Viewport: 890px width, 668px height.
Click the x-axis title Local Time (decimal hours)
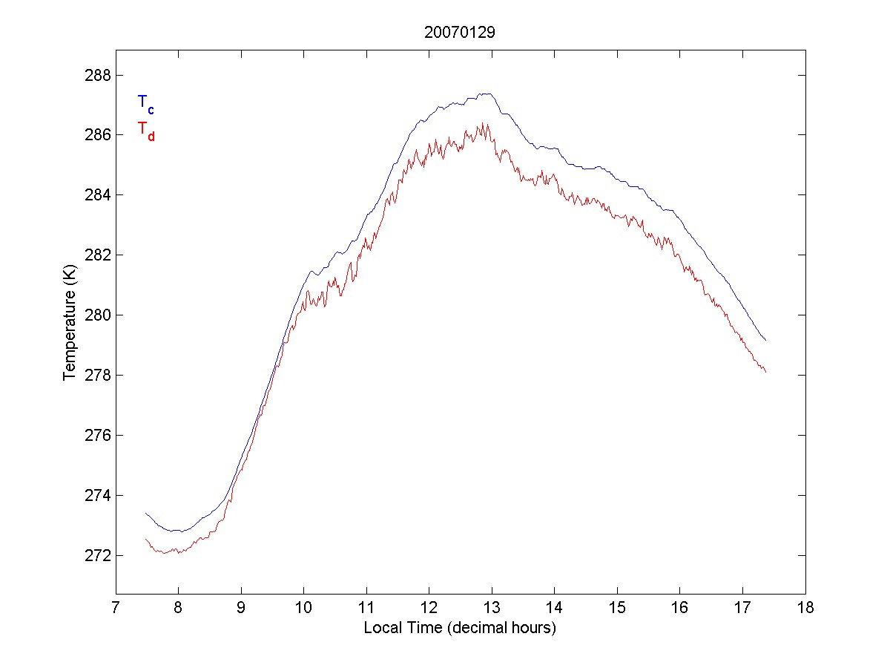(x=460, y=628)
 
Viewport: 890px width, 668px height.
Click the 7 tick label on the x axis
(x=116, y=609)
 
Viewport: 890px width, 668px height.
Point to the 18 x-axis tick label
(x=805, y=609)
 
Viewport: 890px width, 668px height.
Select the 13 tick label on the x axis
(x=492, y=609)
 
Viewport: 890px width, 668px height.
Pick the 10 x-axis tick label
(x=303, y=609)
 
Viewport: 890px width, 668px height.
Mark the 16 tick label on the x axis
(x=680, y=609)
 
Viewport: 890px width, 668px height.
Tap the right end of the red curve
(x=765, y=372)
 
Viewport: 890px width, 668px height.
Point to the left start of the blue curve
(x=146, y=512)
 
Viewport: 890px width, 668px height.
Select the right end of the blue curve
(x=765, y=341)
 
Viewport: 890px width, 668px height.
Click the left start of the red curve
(x=146, y=539)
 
